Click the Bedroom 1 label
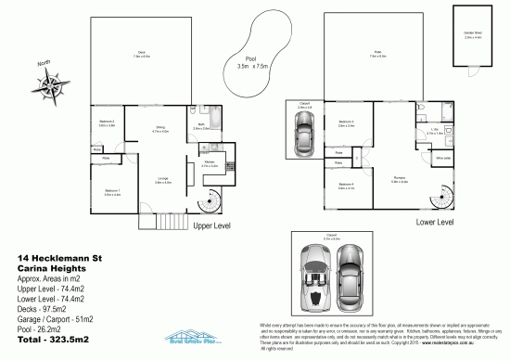coord(113,193)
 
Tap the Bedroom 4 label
coord(345,186)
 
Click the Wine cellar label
coord(442,158)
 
